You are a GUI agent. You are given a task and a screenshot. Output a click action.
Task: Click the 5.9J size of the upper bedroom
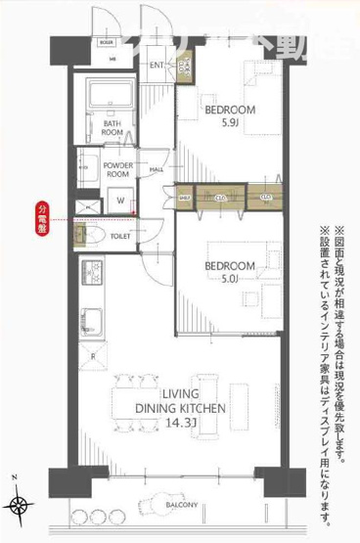tap(230, 124)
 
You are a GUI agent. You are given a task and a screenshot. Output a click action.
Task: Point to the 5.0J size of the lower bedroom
tap(230, 278)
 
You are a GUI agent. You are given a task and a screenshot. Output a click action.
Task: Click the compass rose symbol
tap(20, 504)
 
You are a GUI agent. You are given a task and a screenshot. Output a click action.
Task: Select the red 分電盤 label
tap(42, 219)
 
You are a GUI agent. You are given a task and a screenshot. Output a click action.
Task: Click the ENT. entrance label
tap(157, 67)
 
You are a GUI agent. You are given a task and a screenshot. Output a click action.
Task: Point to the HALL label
tap(156, 170)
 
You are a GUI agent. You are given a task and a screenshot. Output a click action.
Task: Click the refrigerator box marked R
tap(92, 356)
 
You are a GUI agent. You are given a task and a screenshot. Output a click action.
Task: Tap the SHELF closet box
tap(184, 198)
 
